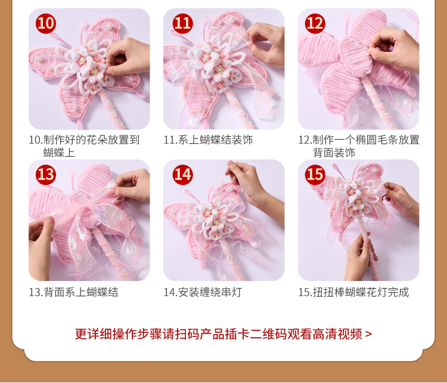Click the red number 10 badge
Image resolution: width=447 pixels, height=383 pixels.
(x=46, y=23)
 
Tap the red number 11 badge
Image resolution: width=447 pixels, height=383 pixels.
(x=183, y=23)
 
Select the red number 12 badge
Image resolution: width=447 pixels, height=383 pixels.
(x=315, y=23)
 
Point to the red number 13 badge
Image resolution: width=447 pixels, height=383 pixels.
(x=46, y=175)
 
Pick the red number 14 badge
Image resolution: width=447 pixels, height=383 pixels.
(x=183, y=175)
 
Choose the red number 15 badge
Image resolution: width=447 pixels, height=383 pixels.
(x=315, y=175)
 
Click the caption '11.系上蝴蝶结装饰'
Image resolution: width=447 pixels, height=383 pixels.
(x=208, y=140)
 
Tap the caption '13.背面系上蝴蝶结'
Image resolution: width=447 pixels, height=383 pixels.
(x=73, y=292)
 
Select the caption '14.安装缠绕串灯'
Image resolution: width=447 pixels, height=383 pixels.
(x=203, y=292)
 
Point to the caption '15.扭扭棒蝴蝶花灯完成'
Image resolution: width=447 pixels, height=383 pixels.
(x=353, y=292)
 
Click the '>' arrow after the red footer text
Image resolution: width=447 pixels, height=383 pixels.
(x=368, y=334)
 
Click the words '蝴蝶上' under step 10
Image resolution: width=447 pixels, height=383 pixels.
(x=59, y=153)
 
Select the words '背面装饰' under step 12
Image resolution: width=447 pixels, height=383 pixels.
(x=334, y=153)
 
